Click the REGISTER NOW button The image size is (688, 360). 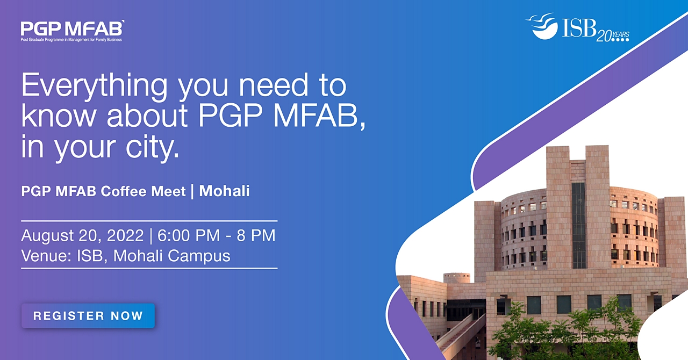click(x=88, y=316)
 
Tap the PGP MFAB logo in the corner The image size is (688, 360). click(x=73, y=31)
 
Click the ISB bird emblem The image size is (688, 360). click(x=543, y=26)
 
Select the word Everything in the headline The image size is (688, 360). click(x=94, y=85)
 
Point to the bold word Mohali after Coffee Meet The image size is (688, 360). click(x=224, y=191)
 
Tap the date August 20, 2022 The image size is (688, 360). click(x=82, y=235)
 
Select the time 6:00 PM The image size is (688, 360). click(x=189, y=235)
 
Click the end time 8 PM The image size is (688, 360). click(x=256, y=235)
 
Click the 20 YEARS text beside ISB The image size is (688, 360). click(x=613, y=36)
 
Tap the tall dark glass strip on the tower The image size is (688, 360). click(x=579, y=226)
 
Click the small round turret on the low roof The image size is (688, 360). click(x=457, y=278)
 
